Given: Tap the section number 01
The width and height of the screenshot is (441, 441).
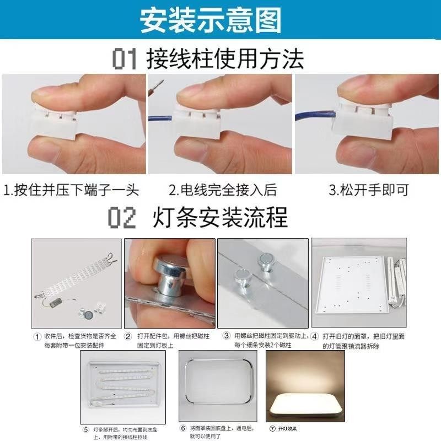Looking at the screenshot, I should [125, 59].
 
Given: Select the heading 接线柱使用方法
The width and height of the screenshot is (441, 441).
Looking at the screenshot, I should [225, 58].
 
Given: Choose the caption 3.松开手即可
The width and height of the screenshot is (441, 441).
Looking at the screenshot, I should [369, 191].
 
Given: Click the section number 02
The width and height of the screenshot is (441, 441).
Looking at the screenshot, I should [121, 218].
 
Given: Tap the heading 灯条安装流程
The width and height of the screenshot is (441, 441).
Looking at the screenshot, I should [220, 218].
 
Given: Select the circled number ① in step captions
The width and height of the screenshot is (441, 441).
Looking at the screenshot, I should [37, 336].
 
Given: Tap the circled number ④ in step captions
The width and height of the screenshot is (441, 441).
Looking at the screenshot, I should [314, 336].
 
